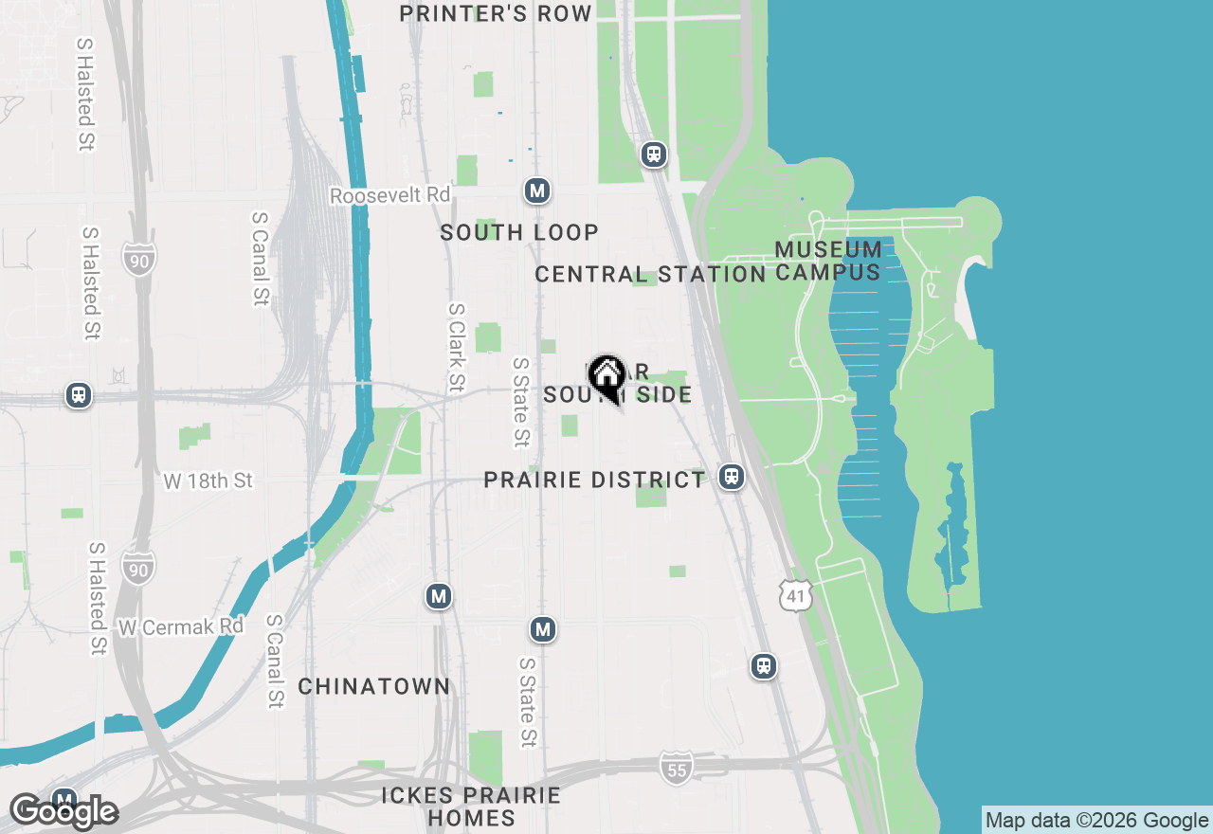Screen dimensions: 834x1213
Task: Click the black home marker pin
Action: [x=606, y=376]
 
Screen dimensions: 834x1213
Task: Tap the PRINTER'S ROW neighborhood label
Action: [x=496, y=13]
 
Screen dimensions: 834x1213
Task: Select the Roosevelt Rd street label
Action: [x=390, y=195]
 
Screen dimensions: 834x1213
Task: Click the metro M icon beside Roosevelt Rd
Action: [x=537, y=190]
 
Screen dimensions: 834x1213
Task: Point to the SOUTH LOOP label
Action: [x=519, y=232]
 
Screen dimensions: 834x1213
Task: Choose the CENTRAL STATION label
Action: [x=650, y=275]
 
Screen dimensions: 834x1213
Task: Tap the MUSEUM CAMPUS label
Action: [x=828, y=261]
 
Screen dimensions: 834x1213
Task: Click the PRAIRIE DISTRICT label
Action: [x=595, y=480]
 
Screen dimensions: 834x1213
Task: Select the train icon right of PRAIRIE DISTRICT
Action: [x=731, y=476]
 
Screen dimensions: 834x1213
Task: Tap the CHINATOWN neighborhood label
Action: [x=374, y=686]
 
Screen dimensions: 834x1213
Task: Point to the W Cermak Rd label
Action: [x=181, y=626]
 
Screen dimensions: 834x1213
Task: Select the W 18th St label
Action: [x=208, y=480]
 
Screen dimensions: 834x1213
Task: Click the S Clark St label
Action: [x=457, y=347]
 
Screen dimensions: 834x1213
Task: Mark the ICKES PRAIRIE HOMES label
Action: [x=471, y=807]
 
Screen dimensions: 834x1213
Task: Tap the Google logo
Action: [x=63, y=811]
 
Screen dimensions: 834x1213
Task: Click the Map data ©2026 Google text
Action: [x=1096, y=821]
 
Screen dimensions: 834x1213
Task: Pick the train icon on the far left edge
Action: [x=79, y=395]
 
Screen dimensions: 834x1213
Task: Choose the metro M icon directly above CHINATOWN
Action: [x=438, y=596]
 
